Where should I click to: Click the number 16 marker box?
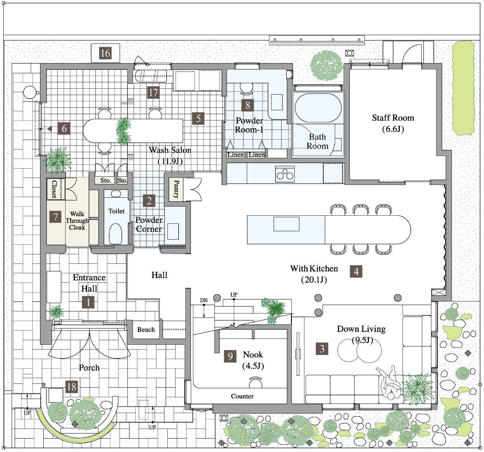pyautogui.click(x=105, y=53)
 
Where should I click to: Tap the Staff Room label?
pyautogui.click(x=393, y=118)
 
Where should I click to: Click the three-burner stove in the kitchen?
pyautogui.click(x=285, y=174)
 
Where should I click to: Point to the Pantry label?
pyautogui.click(x=176, y=189)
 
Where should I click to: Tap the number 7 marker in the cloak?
pyautogui.click(x=56, y=217)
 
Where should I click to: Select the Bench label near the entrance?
pyautogui.click(x=146, y=329)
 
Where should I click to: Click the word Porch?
pyautogui.click(x=89, y=367)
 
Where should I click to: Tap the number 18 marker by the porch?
pyautogui.click(x=71, y=386)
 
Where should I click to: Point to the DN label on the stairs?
pyautogui.click(x=204, y=300)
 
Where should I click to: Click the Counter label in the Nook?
pyautogui.click(x=242, y=396)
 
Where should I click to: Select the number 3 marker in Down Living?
pyautogui.click(x=322, y=349)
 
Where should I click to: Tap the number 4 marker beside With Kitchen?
pyautogui.click(x=356, y=271)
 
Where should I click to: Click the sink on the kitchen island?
pyautogui.click(x=286, y=224)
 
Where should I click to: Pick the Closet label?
pyautogui.click(x=54, y=189)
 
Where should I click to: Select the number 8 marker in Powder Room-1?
pyautogui.click(x=248, y=105)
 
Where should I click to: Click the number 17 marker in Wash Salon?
pyautogui.click(x=153, y=93)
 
